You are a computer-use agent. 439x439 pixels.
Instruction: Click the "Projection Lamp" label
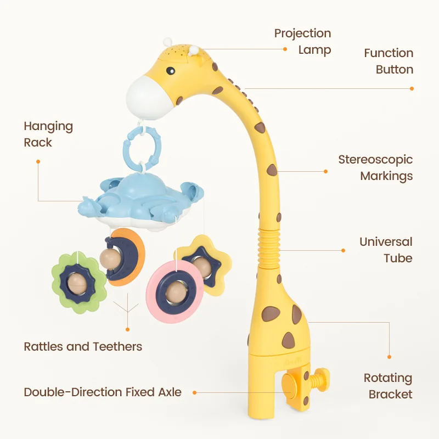[x=302, y=42]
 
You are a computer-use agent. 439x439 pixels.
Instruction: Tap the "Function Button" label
[x=389, y=61]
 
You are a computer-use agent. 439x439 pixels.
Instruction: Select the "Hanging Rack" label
[x=48, y=134]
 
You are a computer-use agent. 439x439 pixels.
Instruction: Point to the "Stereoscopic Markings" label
[x=375, y=168]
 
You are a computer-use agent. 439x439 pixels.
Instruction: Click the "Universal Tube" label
[x=386, y=250]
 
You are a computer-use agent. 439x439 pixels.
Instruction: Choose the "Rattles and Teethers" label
[x=83, y=347]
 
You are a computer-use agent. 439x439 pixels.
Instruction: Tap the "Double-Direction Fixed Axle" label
[x=103, y=392]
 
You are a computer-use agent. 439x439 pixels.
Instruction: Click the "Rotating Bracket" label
[x=388, y=386]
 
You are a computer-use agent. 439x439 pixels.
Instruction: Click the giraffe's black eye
[x=171, y=71]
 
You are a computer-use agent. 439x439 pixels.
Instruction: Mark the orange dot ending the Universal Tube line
[x=344, y=250]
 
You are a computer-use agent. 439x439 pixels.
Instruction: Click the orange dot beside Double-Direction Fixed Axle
[x=195, y=393]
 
